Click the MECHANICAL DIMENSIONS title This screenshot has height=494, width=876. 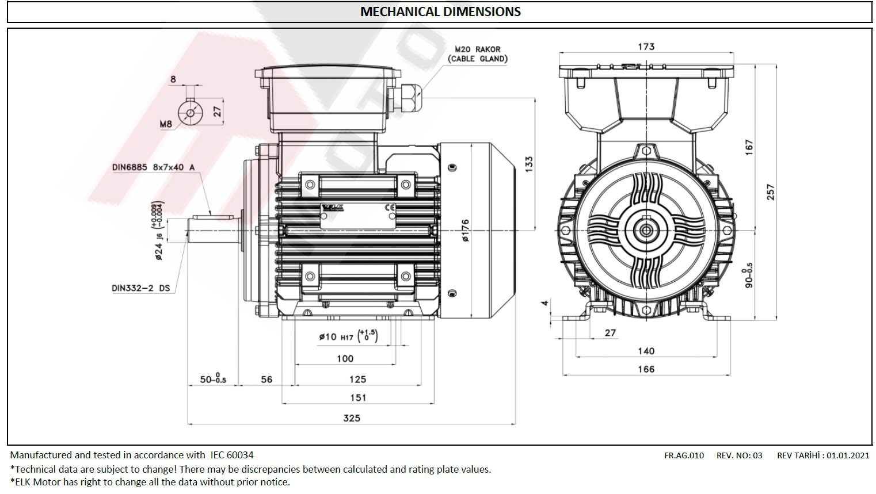(x=440, y=12)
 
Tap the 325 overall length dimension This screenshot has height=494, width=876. (x=352, y=418)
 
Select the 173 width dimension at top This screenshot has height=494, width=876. (x=646, y=47)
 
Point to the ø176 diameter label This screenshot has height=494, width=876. (x=465, y=230)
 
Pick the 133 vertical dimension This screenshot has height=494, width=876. (x=529, y=164)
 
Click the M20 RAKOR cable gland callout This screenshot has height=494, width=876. (x=477, y=54)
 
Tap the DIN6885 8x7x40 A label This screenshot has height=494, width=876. (x=153, y=167)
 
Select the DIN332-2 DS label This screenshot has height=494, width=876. (x=141, y=288)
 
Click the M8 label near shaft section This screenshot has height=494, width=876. (x=166, y=124)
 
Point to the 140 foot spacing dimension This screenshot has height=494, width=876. (x=646, y=351)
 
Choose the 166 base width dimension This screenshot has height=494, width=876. (x=646, y=369)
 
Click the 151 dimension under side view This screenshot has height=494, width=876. (x=358, y=397)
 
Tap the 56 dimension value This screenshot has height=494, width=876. (x=266, y=380)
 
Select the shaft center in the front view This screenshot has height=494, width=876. (x=646, y=231)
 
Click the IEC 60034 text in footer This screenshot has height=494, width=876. (x=231, y=455)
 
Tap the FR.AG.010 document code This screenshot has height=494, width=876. (x=684, y=455)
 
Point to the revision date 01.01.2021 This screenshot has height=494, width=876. (x=848, y=455)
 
